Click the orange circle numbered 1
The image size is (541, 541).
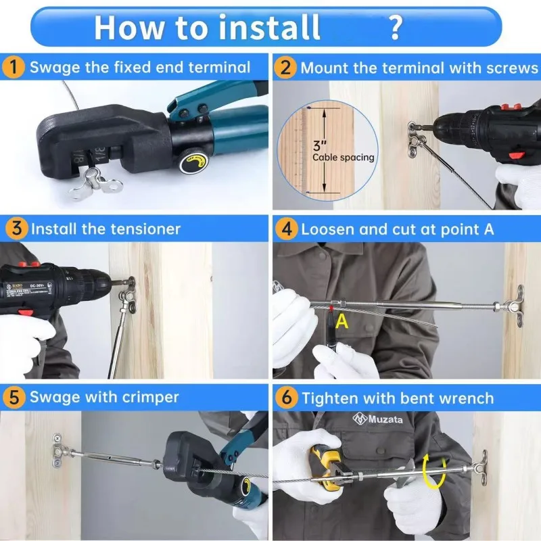(x=13, y=67)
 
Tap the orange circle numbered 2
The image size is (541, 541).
(x=285, y=68)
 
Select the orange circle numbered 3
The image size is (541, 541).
(x=16, y=229)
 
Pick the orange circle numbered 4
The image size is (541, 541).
(x=286, y=229)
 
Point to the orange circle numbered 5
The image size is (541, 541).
(x=14, y=398)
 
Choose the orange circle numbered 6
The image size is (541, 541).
(x=286, y=398)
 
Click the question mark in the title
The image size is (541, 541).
(x=396, y=27)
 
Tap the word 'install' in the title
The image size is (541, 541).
(x=269, y=27)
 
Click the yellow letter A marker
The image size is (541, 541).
(x=342, y=321)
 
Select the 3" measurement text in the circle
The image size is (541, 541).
(x=319, y=145)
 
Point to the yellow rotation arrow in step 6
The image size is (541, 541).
(x=434, y=471)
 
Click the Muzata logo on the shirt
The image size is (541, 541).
(x=377, y=419)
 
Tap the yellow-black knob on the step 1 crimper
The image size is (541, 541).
(x=192, y=162)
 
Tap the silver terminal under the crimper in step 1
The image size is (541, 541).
(x=95, y=183)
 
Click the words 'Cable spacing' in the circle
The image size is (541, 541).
(x=344, y=158)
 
